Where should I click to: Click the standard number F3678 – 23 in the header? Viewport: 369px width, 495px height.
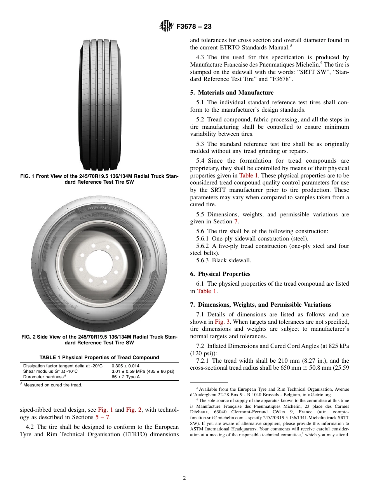point(194,27)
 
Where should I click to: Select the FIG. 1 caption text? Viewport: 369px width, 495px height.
point(99,179)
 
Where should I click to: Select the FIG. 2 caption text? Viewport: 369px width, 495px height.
point(99,340)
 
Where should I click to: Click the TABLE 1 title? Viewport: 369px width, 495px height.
point(99,357)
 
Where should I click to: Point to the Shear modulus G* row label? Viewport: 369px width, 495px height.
point(50,371)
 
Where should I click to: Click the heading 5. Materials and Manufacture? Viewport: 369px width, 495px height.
point(235,93)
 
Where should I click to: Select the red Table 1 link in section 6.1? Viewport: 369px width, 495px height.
point(204,291)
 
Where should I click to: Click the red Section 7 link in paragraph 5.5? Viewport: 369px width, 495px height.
point(235,221)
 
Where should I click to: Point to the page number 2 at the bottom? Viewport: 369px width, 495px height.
point(184,478)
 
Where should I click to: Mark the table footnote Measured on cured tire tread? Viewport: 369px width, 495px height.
point(53,385)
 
